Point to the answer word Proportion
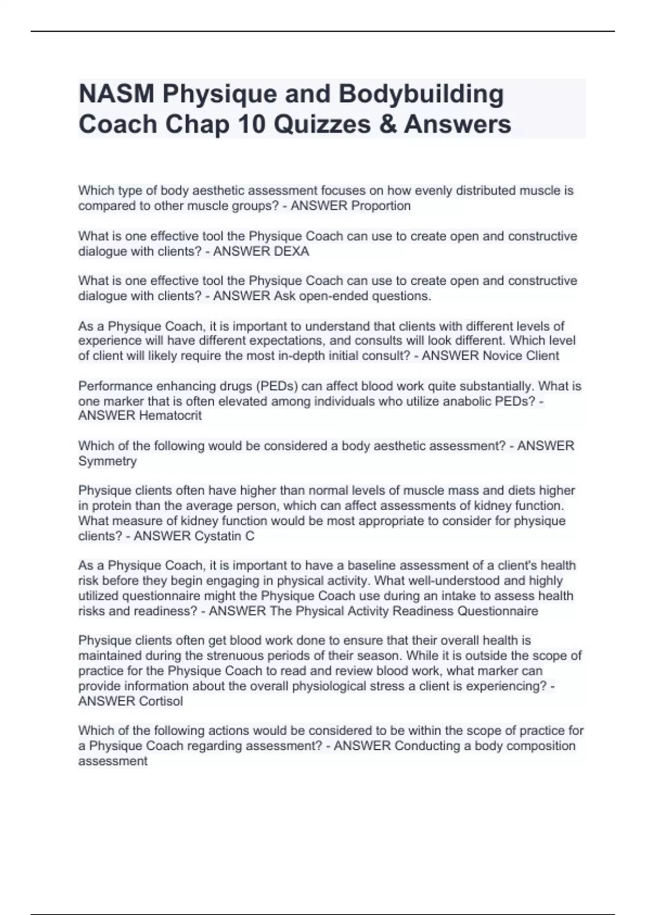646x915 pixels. [381, 206]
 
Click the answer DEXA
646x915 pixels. [292, 251]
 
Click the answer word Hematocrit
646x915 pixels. [170, 416]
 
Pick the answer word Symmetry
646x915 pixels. [108, 461]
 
